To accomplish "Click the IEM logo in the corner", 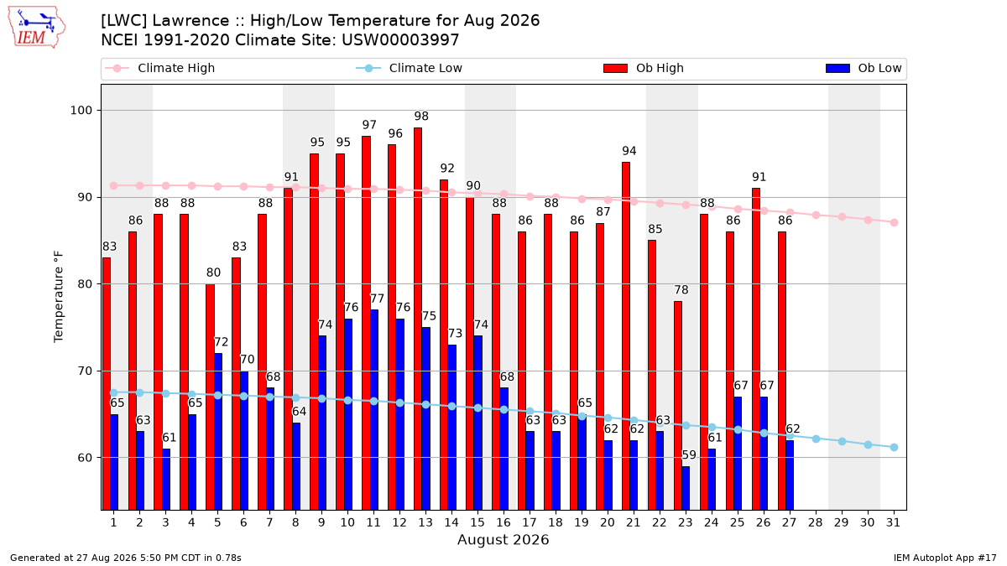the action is pos(36,28).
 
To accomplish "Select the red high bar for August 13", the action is pos(418,319).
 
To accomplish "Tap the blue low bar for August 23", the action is pos(686,488).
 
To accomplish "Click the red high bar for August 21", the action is pos(626,336).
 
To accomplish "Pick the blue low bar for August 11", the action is pos(374,410).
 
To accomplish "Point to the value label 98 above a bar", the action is pos(421,117).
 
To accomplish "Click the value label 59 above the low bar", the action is pos(689,455).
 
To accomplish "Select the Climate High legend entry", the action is pos(160,68).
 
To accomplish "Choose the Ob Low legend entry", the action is pos(864,68).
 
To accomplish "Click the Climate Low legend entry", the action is pos(410,68).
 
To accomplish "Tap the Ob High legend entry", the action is pos(644,68).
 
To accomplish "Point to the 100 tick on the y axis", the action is pos(81,111).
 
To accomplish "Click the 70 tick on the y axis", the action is pos(85,371).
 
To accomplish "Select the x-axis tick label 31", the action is pos(893,523).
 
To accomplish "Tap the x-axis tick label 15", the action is pos(477,523).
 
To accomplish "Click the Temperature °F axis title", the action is pos(59,297).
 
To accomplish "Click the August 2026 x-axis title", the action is pos(503,539).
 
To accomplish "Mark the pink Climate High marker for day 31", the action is pos(894,223).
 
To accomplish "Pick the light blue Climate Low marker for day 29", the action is pos(842,442).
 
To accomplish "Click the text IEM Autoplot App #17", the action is pos(945,558).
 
